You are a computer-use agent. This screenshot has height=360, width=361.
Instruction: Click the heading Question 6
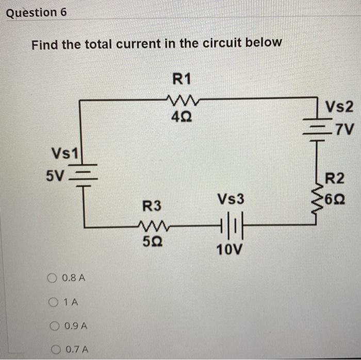[x=36, y=13]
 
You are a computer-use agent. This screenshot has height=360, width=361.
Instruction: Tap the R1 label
[x=182, y=79]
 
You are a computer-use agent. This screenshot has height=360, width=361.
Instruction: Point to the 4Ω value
[x=181, y=117]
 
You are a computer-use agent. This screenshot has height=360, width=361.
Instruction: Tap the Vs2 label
[x=340, y=108]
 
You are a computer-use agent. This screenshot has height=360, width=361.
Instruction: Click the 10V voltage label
[x=229, y=250]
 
